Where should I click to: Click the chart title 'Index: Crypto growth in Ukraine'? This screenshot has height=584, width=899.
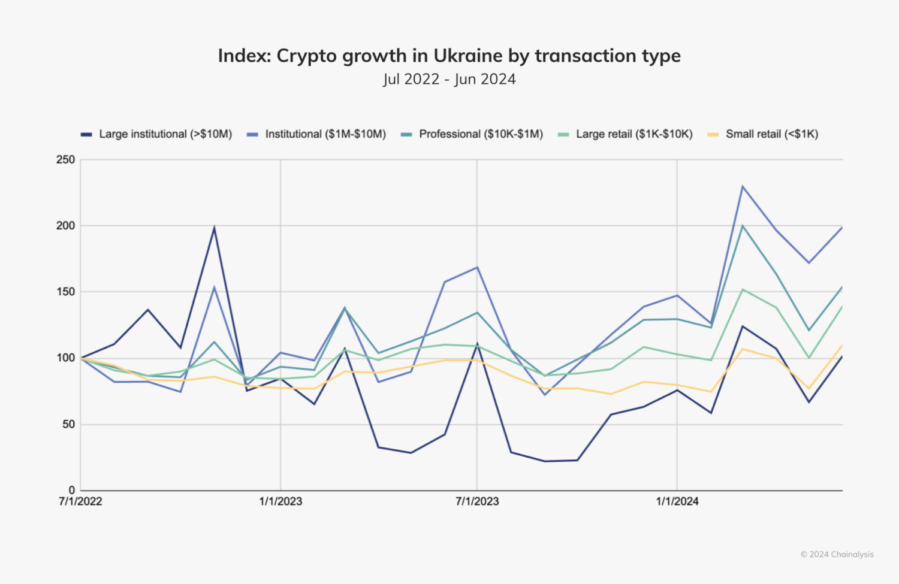pyautogui.click(x=449, y=56)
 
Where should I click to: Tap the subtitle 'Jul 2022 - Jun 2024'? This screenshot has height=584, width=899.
pyautogui.click(x=450, y=79)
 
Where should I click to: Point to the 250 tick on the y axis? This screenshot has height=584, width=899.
pyautogui.click(x=66, y=160)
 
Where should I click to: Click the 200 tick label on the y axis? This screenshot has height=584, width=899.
pyautogui.click(x=66, y=226)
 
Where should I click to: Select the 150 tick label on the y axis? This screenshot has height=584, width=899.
pyautogui.click(x=66, y=292)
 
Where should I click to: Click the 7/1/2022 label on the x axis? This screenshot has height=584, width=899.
pyautogui.click(x=80, y=501)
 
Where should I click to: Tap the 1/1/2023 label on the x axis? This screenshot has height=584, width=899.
pyautogui.click(x=280, y=501)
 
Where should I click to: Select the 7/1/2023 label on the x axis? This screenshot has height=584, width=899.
pyautogui.click(x=477, y=501)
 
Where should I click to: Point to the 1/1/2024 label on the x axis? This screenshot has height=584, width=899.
pyautogui.click(x=677, y=501)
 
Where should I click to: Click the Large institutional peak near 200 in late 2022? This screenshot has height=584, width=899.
pyautogui.click(x=214, y=228)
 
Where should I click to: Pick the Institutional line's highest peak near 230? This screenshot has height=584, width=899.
pyautogui.click(x=743, y=186)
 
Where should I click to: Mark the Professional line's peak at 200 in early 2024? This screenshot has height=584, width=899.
pyautogui.click(x=743, y=226)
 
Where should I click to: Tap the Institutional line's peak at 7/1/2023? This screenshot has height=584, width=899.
pyautogui.click(x=477, y=267)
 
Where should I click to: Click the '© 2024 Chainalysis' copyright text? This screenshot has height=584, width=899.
pyautogui.click(x=837, y=555)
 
